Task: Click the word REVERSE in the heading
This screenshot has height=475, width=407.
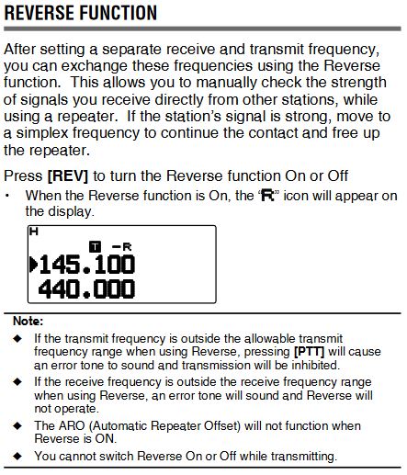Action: click(x=40, y=13)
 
